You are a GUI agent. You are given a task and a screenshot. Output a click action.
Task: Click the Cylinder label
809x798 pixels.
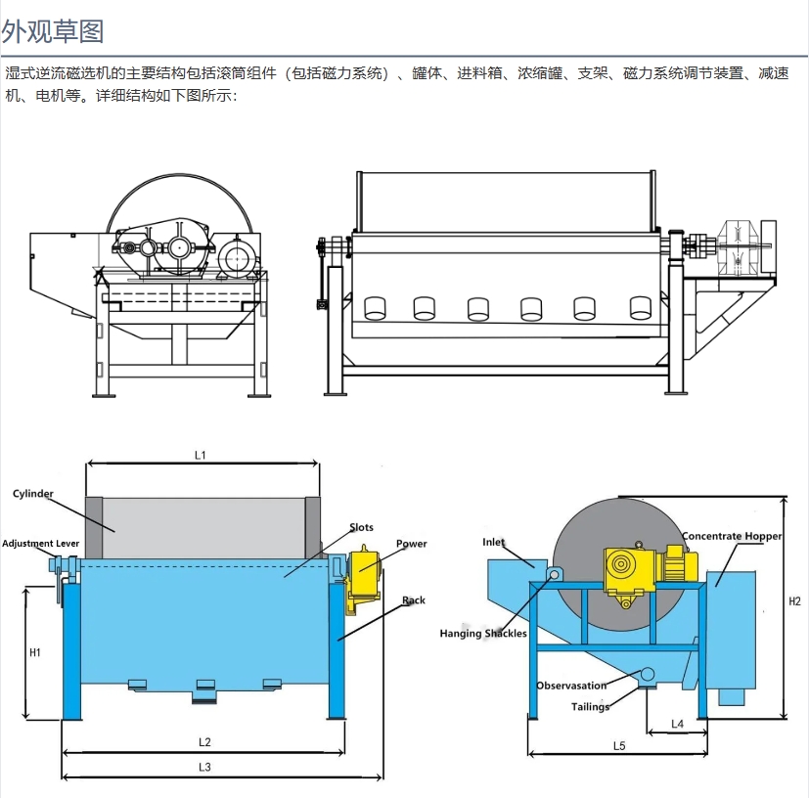[33, 494]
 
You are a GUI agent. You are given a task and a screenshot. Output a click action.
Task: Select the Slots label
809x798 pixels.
[361, 528]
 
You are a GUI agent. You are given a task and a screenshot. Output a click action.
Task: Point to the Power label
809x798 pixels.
[411, 544]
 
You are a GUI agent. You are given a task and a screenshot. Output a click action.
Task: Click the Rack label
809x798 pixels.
[414, 600]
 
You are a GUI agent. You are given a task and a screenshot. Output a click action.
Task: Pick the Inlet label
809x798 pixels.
[493, 542]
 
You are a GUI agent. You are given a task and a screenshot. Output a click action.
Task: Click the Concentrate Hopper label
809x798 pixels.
[732, 536]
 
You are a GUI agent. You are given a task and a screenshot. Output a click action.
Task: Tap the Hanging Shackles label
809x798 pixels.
[483, 633]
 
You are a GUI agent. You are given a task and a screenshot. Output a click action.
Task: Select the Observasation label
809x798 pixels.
[571, 686]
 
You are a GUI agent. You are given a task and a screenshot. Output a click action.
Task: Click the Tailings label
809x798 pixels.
[590, 706]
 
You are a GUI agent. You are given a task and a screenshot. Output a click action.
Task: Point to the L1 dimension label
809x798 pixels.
[201, 455]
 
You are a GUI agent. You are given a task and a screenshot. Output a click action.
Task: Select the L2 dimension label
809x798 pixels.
[204, 741]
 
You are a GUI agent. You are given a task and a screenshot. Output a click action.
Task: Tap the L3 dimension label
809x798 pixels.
[204, 767]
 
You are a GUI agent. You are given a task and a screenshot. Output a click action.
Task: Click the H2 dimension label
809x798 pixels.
[794, 601]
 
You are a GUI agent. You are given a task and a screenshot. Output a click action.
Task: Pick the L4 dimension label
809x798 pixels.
[677, 724]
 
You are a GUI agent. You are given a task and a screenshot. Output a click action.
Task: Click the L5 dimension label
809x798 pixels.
[618, 745]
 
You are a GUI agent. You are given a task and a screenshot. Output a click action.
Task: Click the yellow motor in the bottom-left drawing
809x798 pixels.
[362, 572]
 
